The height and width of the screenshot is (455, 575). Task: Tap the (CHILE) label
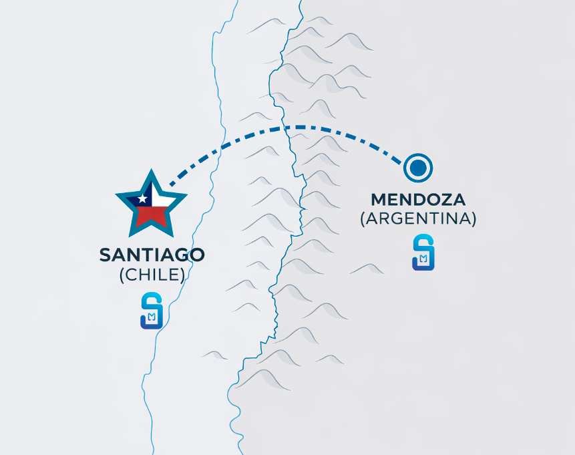152,275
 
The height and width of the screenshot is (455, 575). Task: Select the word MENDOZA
418,199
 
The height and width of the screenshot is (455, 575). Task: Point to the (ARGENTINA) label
418,218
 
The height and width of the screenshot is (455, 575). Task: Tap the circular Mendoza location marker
418,168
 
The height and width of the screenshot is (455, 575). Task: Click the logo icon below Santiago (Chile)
152,311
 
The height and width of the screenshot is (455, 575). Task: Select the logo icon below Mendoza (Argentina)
423,252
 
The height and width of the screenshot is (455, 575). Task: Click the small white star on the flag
142,198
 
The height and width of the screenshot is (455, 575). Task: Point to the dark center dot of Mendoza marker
418,168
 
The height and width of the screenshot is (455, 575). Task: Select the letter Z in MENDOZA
453,199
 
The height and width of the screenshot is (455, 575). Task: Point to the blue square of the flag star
142,198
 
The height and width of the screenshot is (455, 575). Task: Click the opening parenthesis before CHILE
122,275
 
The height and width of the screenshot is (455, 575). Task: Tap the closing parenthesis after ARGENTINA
473,218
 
